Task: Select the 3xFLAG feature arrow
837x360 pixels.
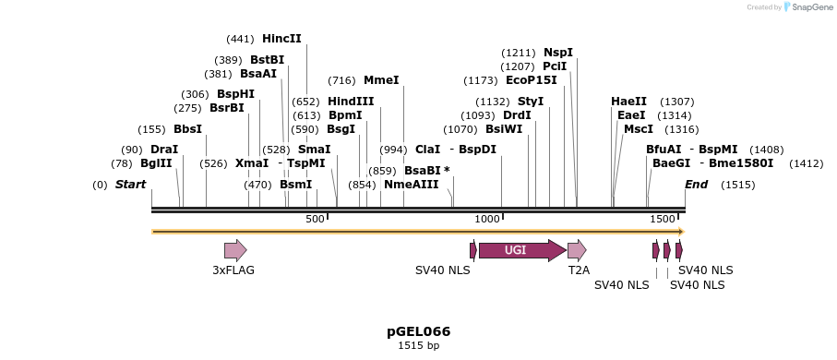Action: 235,250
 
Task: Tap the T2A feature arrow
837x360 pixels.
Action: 577,250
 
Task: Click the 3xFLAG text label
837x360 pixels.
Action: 233,270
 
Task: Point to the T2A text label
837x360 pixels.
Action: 579,270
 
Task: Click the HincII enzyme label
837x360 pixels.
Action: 281,39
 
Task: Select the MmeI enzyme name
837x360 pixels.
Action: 381,80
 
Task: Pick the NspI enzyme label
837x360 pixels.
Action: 558,53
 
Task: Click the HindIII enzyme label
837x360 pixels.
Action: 351,102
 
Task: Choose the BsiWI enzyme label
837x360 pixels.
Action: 504,129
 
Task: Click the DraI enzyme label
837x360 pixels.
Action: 164,150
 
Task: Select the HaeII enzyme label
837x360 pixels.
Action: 628,102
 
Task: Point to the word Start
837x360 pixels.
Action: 130,185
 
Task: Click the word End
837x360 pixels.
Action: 696,185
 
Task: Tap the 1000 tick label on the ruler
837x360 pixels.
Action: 486,219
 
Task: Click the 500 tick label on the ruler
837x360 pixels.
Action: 315,219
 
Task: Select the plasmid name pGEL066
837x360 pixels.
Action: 418,331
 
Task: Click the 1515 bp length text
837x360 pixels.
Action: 418,346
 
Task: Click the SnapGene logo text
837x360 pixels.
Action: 809,7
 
